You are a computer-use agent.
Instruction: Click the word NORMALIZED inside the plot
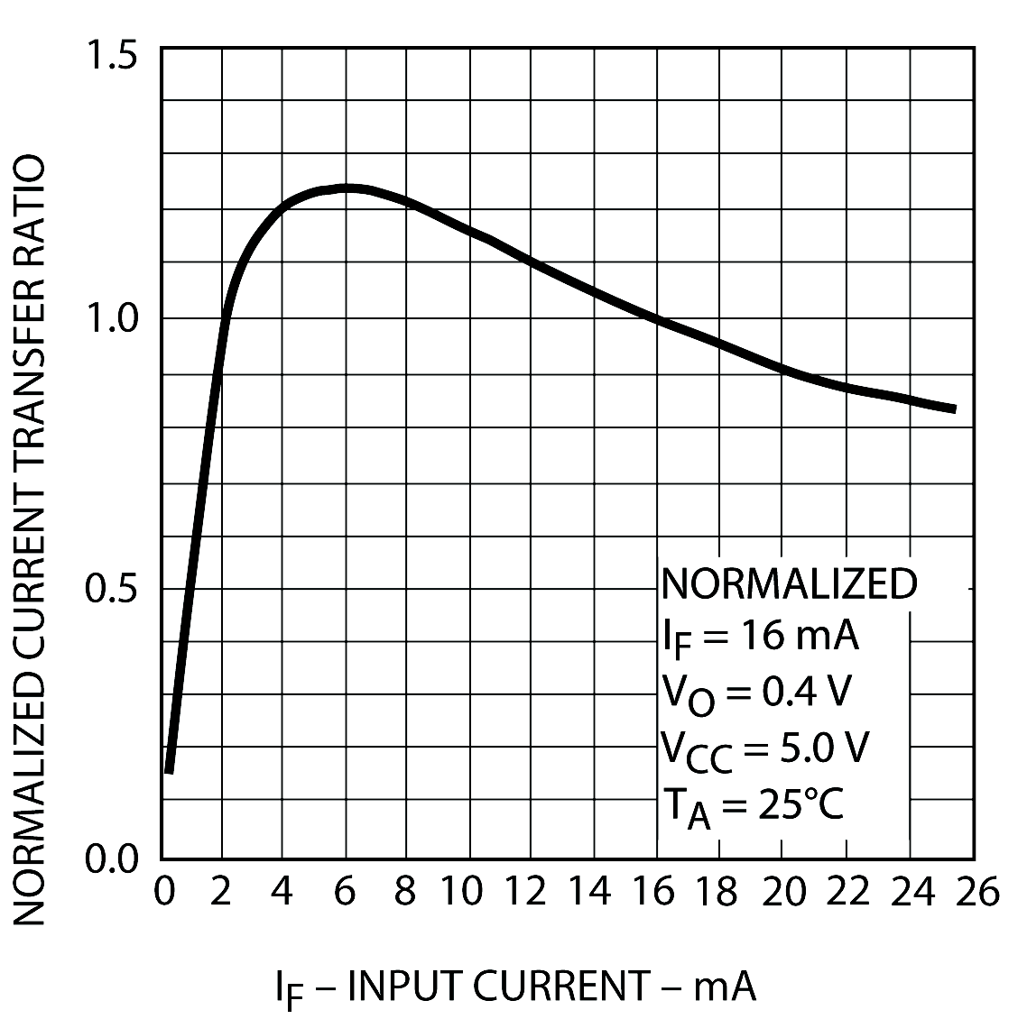[x=789, y=584]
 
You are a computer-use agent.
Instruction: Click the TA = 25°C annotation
[x=752, y=805]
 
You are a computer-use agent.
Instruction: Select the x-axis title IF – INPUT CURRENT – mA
[x=515, y=987]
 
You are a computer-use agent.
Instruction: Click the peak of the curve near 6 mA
[x=347, y=188]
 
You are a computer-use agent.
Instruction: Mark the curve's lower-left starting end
[x=169, y=770]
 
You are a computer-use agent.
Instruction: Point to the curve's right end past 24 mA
[x=953, y=409]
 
